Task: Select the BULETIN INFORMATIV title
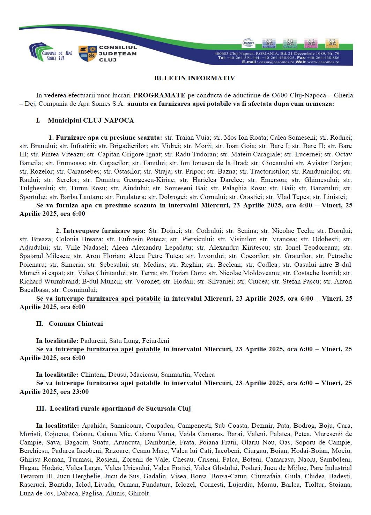pos(194,78)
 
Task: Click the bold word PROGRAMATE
pos(159,95)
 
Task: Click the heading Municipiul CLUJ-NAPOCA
pos(91,120)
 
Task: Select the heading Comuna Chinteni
pos(76,324)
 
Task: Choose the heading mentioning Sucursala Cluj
pos(120,409)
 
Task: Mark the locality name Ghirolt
pos(138,493)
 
